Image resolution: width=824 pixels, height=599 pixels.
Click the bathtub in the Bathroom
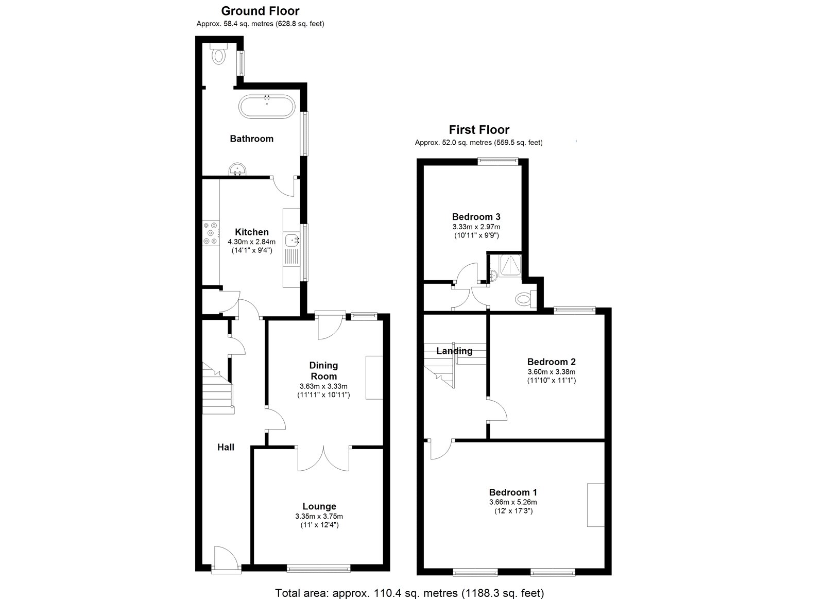(267, 107)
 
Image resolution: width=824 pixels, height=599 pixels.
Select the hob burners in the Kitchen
(211, 232)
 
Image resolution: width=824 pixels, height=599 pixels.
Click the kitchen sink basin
(294, 239)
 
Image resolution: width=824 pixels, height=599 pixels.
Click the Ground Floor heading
(260, 11)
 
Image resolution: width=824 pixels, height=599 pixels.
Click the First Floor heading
(479, 130)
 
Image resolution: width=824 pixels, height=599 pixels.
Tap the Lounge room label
(319, 506)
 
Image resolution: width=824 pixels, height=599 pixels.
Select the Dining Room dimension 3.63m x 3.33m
(323, 386)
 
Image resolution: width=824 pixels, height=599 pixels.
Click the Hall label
(226, 447)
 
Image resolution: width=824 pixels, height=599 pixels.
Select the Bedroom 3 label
(476, 217)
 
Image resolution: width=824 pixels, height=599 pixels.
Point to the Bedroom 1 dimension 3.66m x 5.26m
(513, 502)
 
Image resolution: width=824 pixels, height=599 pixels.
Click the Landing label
(454, 351)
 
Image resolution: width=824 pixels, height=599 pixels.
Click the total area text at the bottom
(409, 593)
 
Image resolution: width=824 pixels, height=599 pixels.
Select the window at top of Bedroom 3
(498, 161)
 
